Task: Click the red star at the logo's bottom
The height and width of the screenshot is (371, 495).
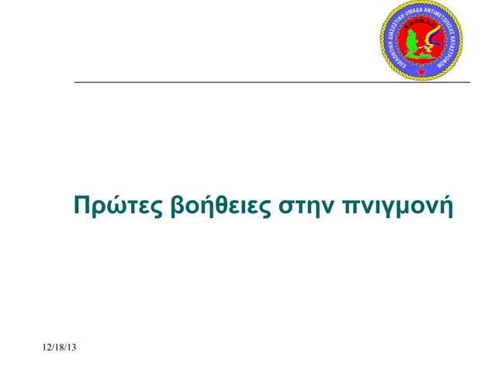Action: point(421,71)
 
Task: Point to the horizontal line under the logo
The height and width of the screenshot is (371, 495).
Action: point(272,81)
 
